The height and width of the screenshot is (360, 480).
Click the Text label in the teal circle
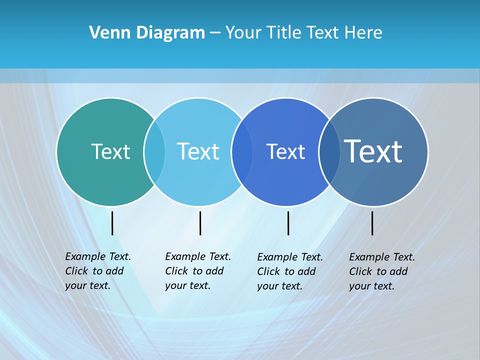pos(110,151)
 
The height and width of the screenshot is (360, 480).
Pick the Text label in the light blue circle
pos(198,151)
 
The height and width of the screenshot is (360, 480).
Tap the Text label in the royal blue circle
pos(285,151)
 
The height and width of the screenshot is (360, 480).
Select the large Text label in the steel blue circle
pos(373,151)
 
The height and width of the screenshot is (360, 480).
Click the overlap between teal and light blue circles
pos(154,152)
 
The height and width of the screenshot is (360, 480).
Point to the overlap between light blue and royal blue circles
pos(242,152)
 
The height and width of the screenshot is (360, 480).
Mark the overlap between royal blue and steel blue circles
pos(329,152)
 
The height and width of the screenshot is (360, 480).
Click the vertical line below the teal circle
pos(112,223)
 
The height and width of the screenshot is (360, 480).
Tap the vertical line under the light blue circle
pos(200,223)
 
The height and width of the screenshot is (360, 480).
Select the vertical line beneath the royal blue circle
pos(288,223)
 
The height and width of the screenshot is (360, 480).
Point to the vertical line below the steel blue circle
pos(372,223)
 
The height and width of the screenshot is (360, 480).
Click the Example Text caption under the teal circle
pos(98,271)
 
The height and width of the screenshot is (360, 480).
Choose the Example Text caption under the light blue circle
pos(198,271)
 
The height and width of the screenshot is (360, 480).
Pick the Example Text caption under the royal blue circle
pos(290,271)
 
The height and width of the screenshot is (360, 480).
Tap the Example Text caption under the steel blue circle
pos(382,271)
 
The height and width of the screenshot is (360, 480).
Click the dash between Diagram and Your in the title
pos(215,33)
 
